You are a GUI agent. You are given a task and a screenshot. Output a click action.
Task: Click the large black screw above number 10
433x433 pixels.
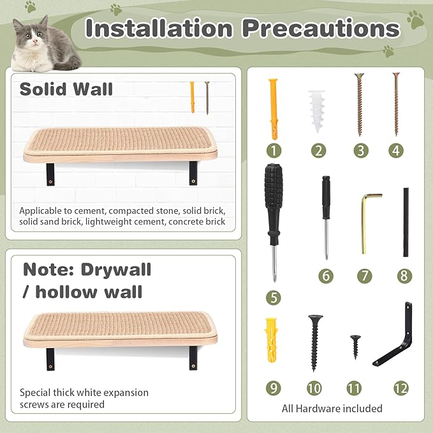[314, 341]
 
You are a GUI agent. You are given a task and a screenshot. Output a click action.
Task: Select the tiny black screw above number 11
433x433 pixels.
[354, 347]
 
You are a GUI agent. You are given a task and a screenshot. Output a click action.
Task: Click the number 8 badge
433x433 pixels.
[404, 275]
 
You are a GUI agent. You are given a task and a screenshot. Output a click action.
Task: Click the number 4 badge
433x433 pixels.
[396, 151]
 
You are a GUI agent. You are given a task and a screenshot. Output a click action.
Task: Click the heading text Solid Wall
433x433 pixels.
[66, 88]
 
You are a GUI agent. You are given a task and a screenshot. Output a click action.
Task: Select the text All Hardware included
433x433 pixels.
[332, 408]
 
